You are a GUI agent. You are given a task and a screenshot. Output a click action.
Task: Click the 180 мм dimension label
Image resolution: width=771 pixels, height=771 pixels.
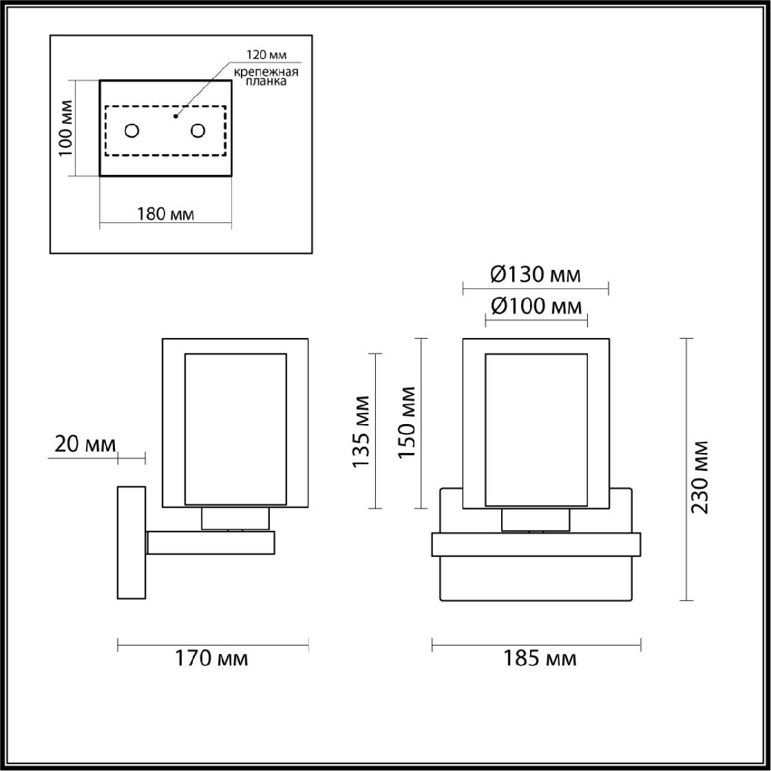166,213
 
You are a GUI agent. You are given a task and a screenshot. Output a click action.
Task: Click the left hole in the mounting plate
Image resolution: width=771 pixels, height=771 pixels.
132,131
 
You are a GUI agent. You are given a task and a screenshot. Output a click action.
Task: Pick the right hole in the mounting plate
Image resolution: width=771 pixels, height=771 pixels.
197,131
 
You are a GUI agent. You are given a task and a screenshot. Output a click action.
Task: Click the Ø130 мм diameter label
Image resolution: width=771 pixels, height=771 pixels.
535,275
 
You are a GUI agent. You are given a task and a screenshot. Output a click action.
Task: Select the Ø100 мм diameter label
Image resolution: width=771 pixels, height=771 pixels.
536,306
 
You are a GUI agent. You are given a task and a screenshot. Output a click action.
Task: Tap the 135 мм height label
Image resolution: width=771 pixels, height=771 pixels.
361,431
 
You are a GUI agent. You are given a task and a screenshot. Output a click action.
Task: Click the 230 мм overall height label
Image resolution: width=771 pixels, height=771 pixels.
699,476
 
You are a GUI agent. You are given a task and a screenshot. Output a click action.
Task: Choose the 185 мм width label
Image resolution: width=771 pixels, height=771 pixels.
538,659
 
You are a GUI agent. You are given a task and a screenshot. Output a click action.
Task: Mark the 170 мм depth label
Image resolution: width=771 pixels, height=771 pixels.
211,659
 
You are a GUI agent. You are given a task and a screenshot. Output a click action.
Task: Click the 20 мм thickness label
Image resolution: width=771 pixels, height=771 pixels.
85,444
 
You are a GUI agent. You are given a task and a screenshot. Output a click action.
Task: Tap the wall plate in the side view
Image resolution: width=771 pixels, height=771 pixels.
131,543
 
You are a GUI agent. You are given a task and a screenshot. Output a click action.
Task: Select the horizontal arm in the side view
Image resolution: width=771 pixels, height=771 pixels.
211,543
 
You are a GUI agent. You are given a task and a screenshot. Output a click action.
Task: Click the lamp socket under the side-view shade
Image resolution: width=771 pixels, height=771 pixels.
235,518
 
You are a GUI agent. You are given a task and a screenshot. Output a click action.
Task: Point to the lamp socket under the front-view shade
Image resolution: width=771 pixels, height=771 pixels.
535,519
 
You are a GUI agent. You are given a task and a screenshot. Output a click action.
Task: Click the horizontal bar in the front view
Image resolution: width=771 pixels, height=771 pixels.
536,544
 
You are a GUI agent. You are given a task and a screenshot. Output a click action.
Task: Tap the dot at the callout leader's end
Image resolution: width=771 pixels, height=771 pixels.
175,117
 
